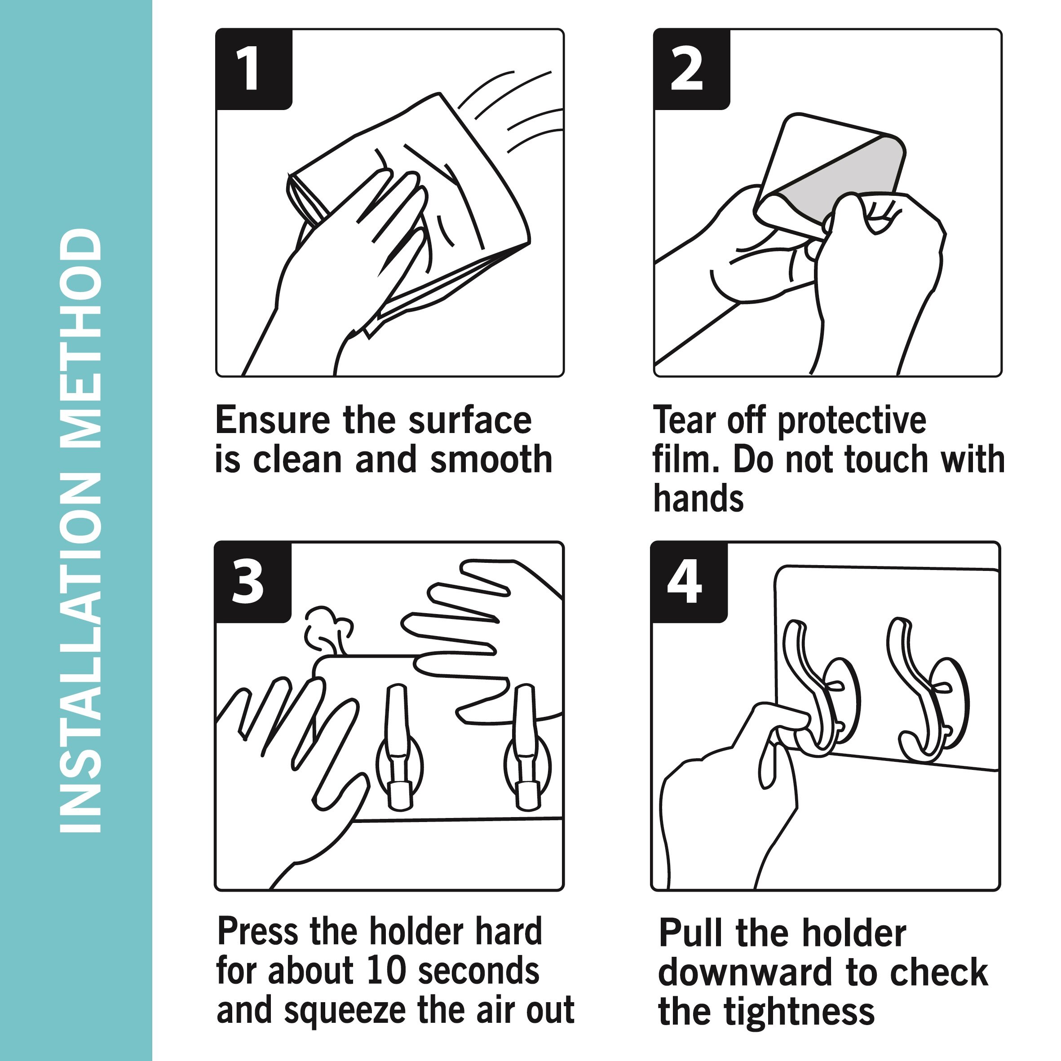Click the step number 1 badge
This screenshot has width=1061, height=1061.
coord(254,69)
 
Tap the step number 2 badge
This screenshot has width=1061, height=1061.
coord(692,69)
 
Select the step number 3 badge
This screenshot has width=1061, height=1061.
coord(252,582)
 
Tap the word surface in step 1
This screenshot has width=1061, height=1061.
coord(470,420)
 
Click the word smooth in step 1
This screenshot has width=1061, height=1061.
coord(491,459)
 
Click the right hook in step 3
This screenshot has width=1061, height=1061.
coord(526,747)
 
